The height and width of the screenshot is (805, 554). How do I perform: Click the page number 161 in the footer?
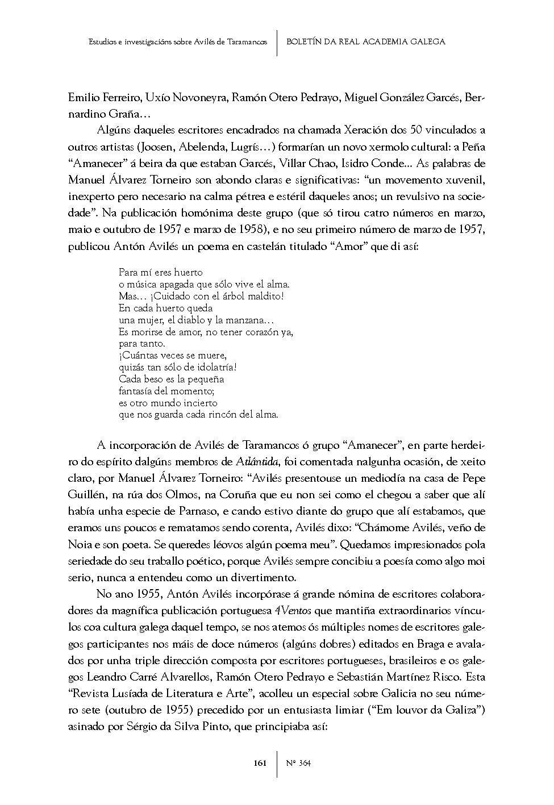260,763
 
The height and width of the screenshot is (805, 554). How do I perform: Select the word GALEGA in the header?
426,41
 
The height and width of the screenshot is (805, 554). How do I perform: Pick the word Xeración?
366,130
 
